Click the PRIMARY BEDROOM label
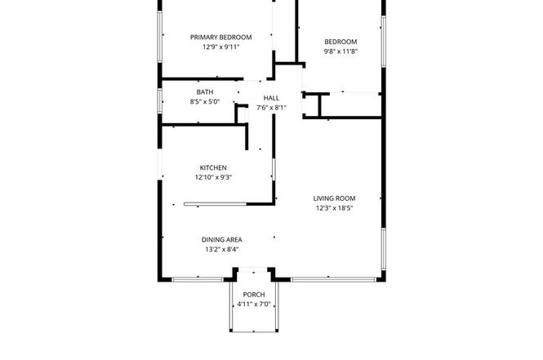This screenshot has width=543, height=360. tap(221, 38)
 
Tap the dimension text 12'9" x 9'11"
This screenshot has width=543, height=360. tap(221, 47)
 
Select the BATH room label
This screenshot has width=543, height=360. tap(205, 92)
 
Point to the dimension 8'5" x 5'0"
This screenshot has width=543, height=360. tap(205, 102)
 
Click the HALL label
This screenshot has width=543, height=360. tap(271, 98)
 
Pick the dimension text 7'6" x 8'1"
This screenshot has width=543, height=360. tap(271, 108)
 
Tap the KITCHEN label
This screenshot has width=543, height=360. tap(213, 168)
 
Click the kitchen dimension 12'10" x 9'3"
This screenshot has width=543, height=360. tap(213, 178)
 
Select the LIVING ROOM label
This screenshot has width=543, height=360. tap(335, 198)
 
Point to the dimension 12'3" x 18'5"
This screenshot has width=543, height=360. tap(335, 208)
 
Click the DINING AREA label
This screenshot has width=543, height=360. tap(222, 239)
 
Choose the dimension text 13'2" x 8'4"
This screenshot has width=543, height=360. tap(222, 249)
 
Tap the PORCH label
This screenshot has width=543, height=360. tap(254, 295)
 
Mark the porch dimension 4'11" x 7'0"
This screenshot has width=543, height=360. tap(254, 304)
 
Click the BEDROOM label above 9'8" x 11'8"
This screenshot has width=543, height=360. tap(340, 42)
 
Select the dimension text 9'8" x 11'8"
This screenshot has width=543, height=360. tap(340, 51)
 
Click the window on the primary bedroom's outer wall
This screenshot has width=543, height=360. tap(160, 37)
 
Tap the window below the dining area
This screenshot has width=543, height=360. tap(198, 279)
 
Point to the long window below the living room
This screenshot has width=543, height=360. tap(333, 279)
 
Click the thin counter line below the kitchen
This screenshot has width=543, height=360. tap(216, 204)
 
